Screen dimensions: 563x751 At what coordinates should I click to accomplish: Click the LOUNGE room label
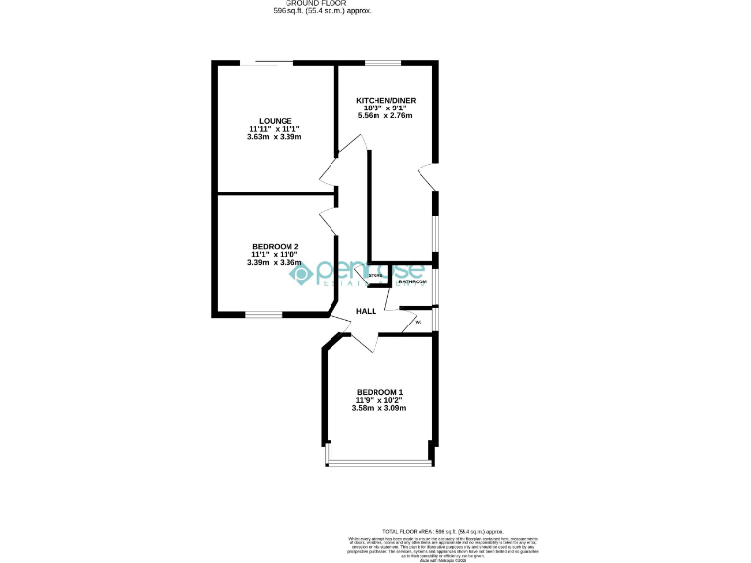(275, 121)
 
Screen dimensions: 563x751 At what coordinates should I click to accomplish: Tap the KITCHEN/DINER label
(383, 100)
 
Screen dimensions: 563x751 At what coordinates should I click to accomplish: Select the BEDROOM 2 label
(275, 246)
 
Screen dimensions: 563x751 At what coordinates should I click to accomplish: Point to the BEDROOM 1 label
(379, 392)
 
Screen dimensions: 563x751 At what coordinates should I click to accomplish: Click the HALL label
(366, 311)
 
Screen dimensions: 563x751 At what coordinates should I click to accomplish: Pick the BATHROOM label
(412, 282)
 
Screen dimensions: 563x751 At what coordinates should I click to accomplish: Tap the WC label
(418, 322)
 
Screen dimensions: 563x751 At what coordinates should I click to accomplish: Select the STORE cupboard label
(375, 277)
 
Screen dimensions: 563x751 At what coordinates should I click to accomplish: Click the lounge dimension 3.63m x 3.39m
(275, 137)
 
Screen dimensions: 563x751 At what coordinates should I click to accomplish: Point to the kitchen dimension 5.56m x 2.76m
(383, 115)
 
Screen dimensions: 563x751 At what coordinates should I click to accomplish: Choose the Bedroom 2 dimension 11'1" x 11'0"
(275, 254)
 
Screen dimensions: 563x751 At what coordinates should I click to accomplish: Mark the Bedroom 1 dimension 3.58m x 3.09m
(379, 408)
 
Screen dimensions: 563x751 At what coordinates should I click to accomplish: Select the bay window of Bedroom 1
(378, 462)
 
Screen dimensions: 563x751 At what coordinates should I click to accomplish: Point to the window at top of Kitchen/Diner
(383, 65)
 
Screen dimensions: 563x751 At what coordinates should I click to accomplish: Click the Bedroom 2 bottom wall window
(263, 314)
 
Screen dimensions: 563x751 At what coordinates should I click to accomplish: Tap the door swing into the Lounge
(328, 175)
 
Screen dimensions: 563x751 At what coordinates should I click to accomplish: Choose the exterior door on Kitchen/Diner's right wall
(426, 176)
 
